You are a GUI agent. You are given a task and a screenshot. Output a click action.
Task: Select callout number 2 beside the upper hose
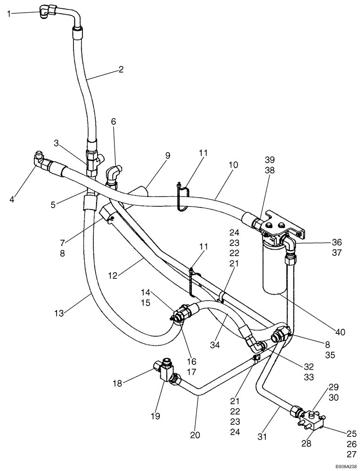pos(121,70)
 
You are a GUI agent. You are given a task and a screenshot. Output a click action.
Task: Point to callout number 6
pos(113,122)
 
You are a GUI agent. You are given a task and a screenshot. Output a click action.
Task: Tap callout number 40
pos(340,332)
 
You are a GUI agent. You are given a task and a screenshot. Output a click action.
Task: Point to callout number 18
pos(116,383)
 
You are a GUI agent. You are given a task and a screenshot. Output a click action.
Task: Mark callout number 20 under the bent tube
pos(194,435)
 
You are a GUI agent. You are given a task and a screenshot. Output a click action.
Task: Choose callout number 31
pos(262,437)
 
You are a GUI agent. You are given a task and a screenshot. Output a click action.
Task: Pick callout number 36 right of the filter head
pos(336,242)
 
